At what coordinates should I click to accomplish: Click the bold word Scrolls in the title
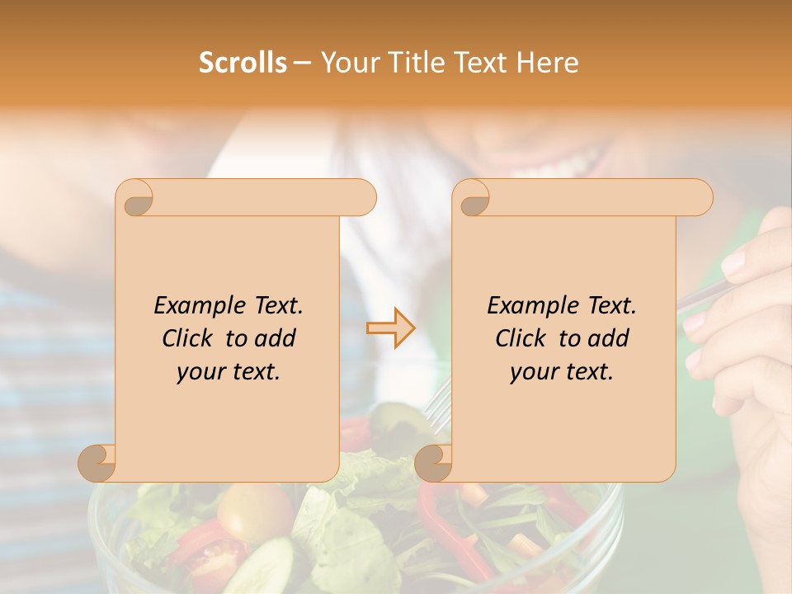(243, 63)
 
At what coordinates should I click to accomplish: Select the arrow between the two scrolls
(391, 328)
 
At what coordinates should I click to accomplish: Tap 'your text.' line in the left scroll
(229, 372)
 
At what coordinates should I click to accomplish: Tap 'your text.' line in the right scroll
(562, 372)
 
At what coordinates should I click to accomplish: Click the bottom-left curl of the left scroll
(98, 463)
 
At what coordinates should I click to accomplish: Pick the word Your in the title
(347, 63)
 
